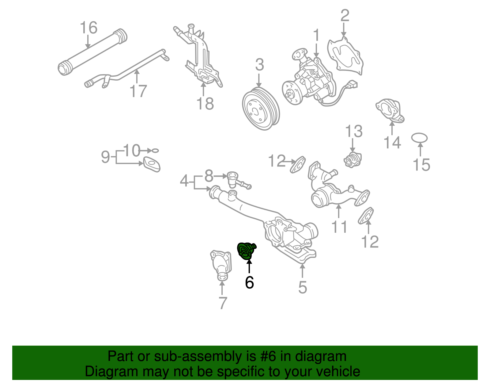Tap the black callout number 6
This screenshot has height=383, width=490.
pos(249,282)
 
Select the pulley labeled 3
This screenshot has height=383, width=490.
pos(260,109)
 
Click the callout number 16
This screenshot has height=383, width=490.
pos(89,28)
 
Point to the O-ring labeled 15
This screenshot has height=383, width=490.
pos(420,138)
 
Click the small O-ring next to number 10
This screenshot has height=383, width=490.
pos(155,151)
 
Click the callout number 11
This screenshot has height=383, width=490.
pos(339,227)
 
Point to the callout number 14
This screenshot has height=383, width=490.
pos(392,143)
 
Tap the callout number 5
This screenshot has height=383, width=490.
pos(303,287)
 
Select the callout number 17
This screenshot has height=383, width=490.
pos(138,91)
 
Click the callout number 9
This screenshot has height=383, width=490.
pos(105,157)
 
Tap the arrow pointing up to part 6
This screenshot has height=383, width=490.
pos(249,266)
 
